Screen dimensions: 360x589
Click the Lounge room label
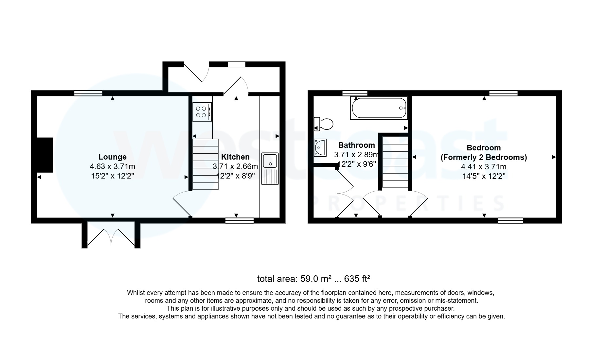112,157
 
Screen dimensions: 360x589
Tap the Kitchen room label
235,157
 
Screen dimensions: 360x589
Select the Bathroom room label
356,145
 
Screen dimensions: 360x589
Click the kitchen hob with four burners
202,111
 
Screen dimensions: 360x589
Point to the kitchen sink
270,168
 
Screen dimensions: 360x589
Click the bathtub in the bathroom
379,108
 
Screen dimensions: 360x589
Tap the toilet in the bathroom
324,124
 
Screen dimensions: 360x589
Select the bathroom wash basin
320,147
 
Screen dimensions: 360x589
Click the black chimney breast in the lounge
45,155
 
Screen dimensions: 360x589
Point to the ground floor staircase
205,164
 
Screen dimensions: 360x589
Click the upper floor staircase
395,162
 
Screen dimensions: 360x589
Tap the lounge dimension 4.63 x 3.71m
112,166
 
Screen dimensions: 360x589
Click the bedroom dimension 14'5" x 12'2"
484,176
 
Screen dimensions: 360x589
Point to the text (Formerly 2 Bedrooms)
484,157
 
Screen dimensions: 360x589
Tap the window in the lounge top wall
88,93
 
